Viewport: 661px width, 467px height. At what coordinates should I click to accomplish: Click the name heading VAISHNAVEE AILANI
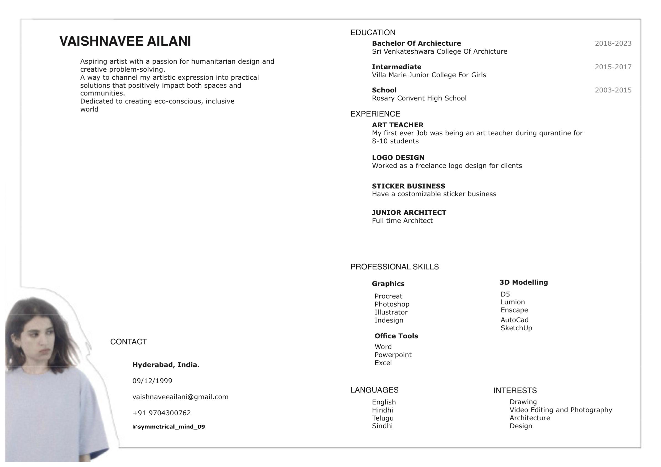pyautogui.click(x=125, y=41)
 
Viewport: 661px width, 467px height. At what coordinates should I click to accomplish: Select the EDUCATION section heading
pyautogui.click(x=373, y=33)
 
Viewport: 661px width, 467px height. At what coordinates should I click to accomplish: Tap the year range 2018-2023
pyautogui.click(x=613, y=43)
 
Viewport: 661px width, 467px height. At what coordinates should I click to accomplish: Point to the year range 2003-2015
pyautogui.click(x=613, y=90)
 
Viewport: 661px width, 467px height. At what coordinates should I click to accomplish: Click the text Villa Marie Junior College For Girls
pyautogui.click(x=429, y=75)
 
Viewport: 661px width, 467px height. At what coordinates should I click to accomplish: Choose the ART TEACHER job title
pyautogui.click(x=397, y=125)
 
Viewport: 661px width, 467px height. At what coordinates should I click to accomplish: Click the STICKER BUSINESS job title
pyautogui.click(x=408, y=186)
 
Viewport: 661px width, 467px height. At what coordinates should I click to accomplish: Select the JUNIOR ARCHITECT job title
pyautogui.click(x=409, y=213)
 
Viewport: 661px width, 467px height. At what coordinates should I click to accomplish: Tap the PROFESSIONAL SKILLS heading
pyautogui.click(x=394, y=267)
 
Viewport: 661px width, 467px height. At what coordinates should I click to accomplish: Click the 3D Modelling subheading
pyautogui.click(x=523, y=282)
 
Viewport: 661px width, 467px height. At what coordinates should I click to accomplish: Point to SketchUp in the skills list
pyautogui.click(x=516, y=328)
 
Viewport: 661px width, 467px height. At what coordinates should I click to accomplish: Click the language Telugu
pyautogui.click(x=382, y=418)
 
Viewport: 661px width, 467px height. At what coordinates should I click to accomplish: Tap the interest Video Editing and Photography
pyautogui.click(x=561, y=410)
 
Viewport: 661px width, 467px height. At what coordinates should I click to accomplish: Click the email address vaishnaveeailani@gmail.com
pyautogui.click(x=180, y=397)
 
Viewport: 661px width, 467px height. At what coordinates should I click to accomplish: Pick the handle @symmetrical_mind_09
pyautogui.click(x=168, y=427)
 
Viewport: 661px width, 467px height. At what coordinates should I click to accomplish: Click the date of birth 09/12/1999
pyautogui.click(x=152, y=381)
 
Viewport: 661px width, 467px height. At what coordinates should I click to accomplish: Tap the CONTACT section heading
pyautogui.click(x=128, y=342)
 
